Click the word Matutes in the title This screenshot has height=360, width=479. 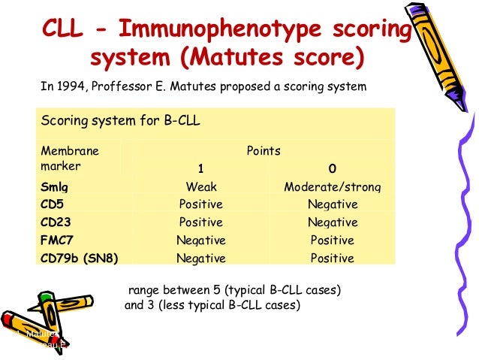pos(227,58)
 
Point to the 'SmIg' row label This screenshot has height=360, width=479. pos(54,187)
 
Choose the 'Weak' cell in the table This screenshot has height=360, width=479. pos(200,187)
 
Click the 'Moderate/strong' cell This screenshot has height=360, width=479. pos(332,187)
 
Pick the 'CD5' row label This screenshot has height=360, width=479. pos(53,204)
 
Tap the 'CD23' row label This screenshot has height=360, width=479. pos(56,222)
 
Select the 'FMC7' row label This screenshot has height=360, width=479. pos(56,241)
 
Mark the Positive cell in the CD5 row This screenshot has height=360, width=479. pos(200,204)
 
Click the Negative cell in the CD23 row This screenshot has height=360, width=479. pos(332,222)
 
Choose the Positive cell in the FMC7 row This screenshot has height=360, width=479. pos(332,241)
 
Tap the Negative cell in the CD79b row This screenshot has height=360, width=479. pos(200,259)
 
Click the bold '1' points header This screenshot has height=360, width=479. pos(200,168)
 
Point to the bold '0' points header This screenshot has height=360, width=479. pos(332,168)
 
